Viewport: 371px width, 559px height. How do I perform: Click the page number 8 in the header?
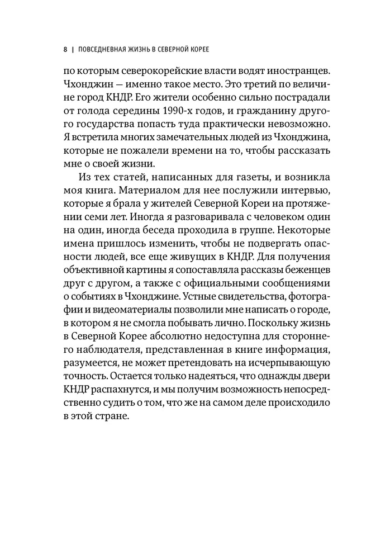(65, 50)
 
